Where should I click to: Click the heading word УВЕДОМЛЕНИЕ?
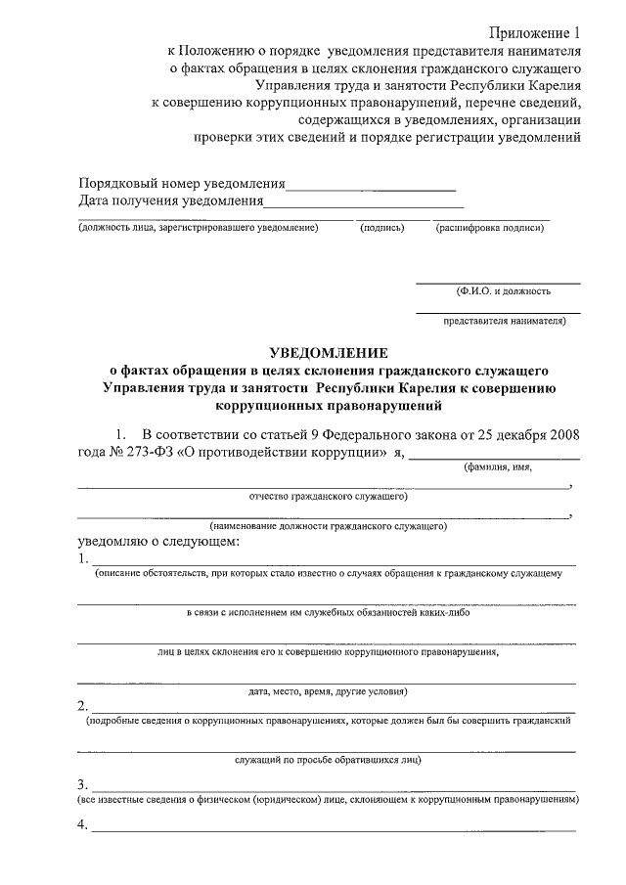[329, 353]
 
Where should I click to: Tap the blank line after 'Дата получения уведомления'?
[363, 205]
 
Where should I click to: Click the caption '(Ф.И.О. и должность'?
[503, 290]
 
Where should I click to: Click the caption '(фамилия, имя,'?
[498, 467]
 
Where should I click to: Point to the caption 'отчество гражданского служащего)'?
[329, 497]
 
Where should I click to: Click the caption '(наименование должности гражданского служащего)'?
[329, 526]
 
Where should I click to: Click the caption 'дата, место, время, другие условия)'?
[328, 690]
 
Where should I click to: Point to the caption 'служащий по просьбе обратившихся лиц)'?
[329, 759]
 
